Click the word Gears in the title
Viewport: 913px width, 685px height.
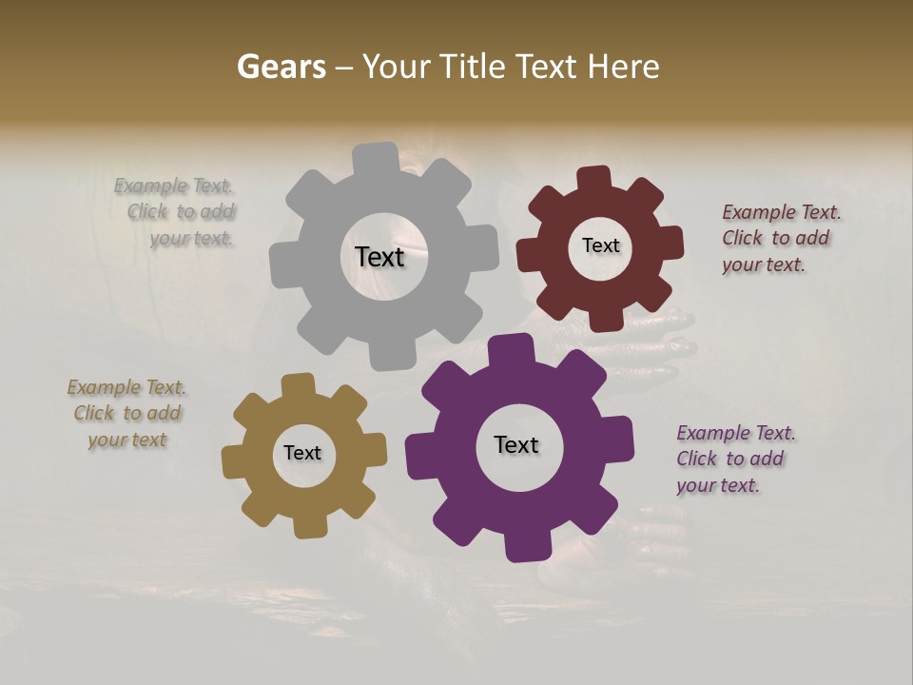point(281,67)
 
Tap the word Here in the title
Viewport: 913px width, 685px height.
point(623,67)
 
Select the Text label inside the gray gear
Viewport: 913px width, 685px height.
point(379,257)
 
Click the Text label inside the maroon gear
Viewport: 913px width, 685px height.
point(600,245)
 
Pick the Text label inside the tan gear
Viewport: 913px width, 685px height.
point(302,453)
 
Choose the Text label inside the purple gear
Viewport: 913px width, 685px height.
point(516,444)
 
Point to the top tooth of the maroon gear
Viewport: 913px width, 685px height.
point(593,179)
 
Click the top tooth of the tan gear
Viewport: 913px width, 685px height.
point(298,385)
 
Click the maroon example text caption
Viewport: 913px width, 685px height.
point(780,238)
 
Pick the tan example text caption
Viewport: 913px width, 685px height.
point(127,413)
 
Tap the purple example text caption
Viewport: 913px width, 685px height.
point(734,459)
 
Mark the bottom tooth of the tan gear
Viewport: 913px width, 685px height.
point(310,524)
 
